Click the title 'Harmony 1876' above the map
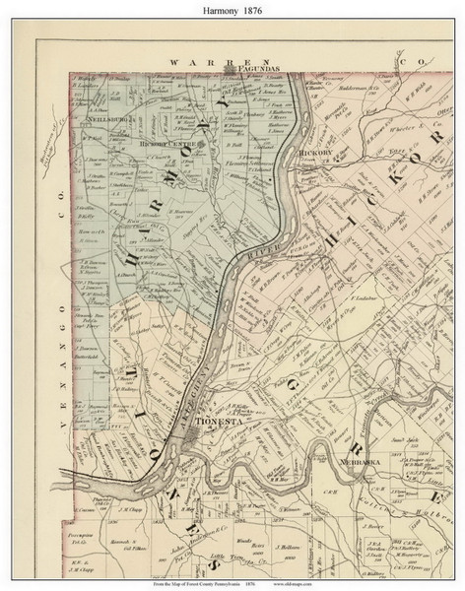click(232, 12)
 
